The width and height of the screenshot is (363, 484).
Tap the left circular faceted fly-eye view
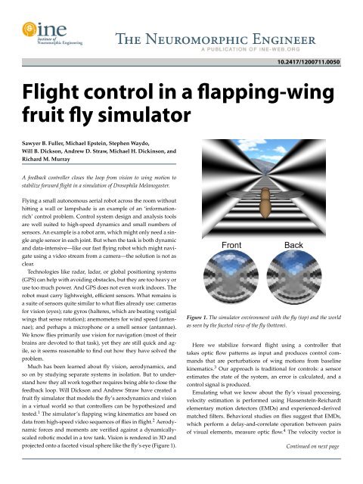click(231, 286)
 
